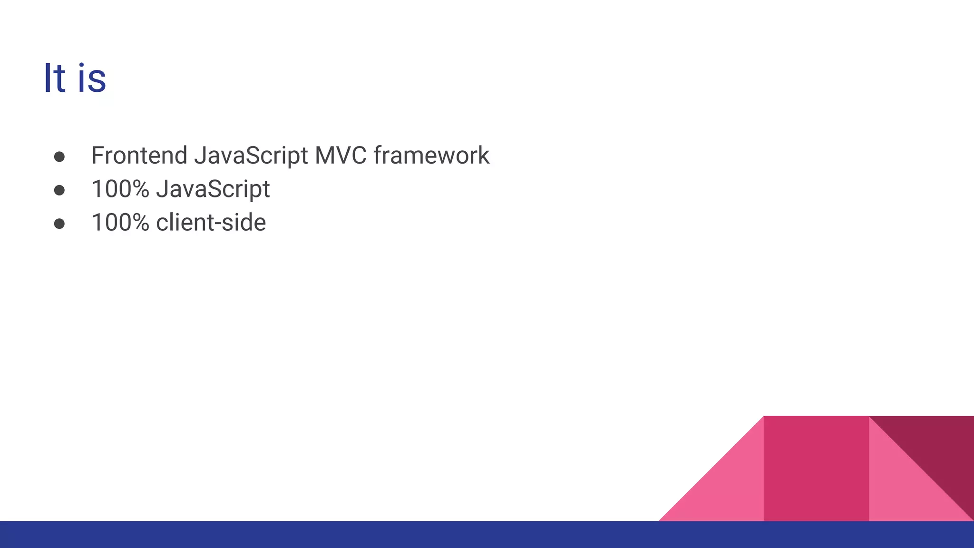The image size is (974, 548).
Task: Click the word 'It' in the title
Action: click(54, 78)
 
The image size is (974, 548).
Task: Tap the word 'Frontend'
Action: click(139, 156)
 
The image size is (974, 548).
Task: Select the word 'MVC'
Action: click(341, 156)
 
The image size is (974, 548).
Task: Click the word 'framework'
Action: click(431, 156)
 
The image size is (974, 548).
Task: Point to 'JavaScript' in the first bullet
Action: click(251, 156)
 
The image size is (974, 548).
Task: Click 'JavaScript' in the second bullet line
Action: click(213, 189)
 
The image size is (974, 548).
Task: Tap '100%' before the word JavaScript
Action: click(120, 189)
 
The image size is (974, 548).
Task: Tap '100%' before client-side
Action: click(120, 223)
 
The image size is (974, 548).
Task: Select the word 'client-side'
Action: click(211, 223)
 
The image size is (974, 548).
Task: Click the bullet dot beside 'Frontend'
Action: click(59, 157)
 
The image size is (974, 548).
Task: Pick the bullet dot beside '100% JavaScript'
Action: click(59, 190)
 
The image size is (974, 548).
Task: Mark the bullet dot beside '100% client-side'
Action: click(59, 224)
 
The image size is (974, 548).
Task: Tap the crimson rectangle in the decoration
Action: click(816, 469)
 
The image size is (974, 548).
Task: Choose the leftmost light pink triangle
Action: click(728, 490)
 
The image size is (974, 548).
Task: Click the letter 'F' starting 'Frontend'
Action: click(97, 156)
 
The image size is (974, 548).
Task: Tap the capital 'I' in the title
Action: click(47, 78)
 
